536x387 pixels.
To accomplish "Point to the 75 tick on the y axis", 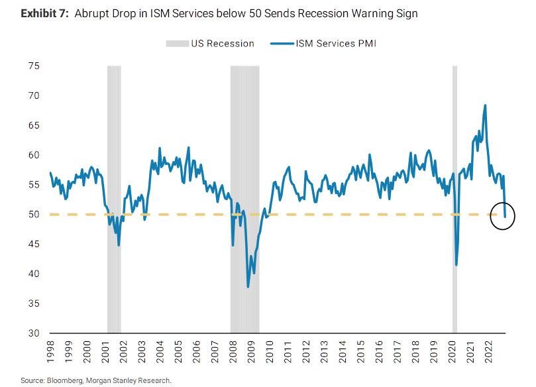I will [x=34, y=66].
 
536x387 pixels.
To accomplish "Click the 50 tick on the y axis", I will [x=34, y=215].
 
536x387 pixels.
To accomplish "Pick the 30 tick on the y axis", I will [x=34, y=333].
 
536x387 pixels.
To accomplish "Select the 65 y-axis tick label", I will [x=34, y=125].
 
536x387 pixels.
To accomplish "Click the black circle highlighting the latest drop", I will [x=503, y=215].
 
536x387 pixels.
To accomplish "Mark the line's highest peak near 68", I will [x=485, y=105].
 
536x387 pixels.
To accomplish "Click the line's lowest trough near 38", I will [x=248, y=286].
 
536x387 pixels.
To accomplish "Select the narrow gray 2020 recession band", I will [x=455, y=199].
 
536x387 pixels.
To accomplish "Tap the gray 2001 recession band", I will [x=114, y=199].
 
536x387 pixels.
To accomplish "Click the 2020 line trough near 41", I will [x=456, y=265].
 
